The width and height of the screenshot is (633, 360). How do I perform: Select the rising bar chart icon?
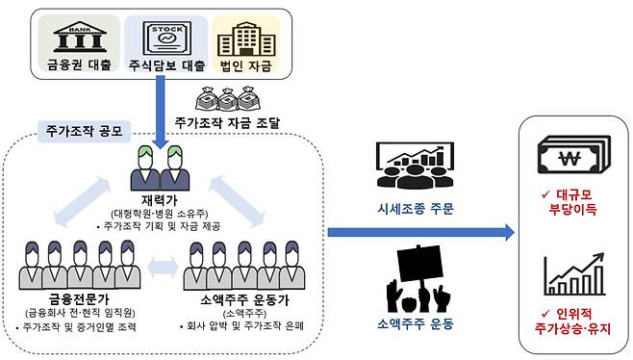571,274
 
